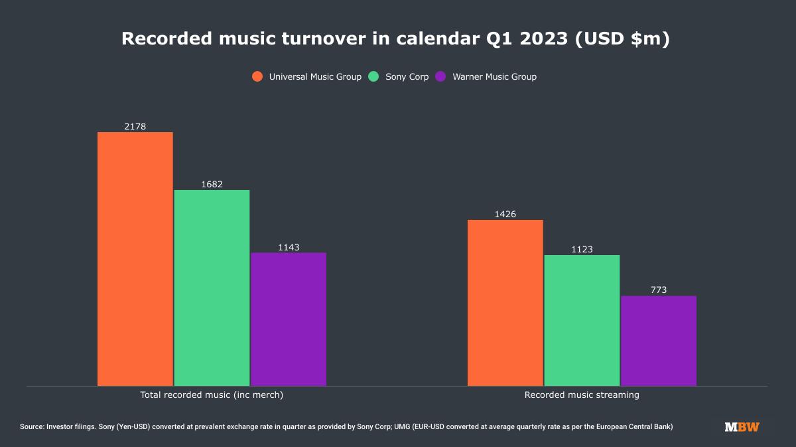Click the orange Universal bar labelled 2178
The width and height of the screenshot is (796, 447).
pos(135,259)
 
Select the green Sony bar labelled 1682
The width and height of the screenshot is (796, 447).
pos(212,288)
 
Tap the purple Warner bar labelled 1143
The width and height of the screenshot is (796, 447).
pos(289,319)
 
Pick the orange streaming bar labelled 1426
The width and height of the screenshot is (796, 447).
pos(505,303)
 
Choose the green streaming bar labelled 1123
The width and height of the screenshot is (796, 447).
pos(582,320)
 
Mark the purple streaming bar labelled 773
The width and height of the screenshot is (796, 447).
pos(659,341)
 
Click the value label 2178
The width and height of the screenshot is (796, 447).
pos(135,126)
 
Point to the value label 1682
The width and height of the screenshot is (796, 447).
pos(212,184)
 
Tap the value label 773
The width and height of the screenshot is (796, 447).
pos(659,290)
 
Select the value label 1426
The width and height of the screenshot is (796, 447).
pos(505,214)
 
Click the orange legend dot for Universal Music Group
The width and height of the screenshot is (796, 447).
pos(257,76)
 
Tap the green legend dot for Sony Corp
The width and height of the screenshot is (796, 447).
pos(373,76)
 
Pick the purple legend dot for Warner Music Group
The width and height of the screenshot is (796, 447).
pos(440,76)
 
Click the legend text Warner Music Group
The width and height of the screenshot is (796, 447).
pos(495,76)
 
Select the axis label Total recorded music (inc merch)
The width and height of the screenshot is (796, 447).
pos(212,395)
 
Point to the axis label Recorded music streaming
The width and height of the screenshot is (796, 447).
pos(582,395)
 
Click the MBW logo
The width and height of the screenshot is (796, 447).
pos(742,426)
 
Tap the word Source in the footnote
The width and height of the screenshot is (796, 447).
pos(31,426)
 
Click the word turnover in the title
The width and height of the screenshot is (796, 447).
pos(324,39)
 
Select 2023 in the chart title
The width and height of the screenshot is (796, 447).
pos(544,39)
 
